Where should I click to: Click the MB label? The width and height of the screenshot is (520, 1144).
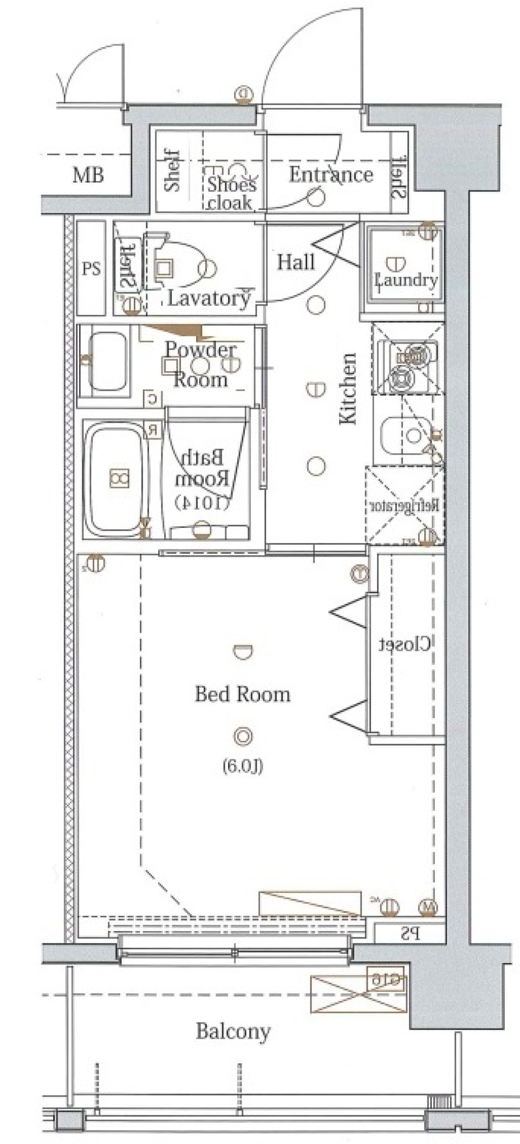[x=88, y=176]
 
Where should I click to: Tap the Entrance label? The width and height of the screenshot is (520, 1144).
[x=330, y=174]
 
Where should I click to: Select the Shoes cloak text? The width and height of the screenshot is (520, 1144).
[x=232, y=193]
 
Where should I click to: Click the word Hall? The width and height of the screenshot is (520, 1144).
[x=296, y=262]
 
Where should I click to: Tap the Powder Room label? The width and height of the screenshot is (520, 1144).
[x=200, y=364]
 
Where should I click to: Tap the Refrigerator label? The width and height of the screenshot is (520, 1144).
[x=405, y=506]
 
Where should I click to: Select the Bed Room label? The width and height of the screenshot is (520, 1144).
[x=242, y=694]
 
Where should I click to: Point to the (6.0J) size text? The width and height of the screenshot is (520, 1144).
[x=243, y=766]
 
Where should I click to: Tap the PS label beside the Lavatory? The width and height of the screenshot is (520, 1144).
[x=91, y=269]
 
